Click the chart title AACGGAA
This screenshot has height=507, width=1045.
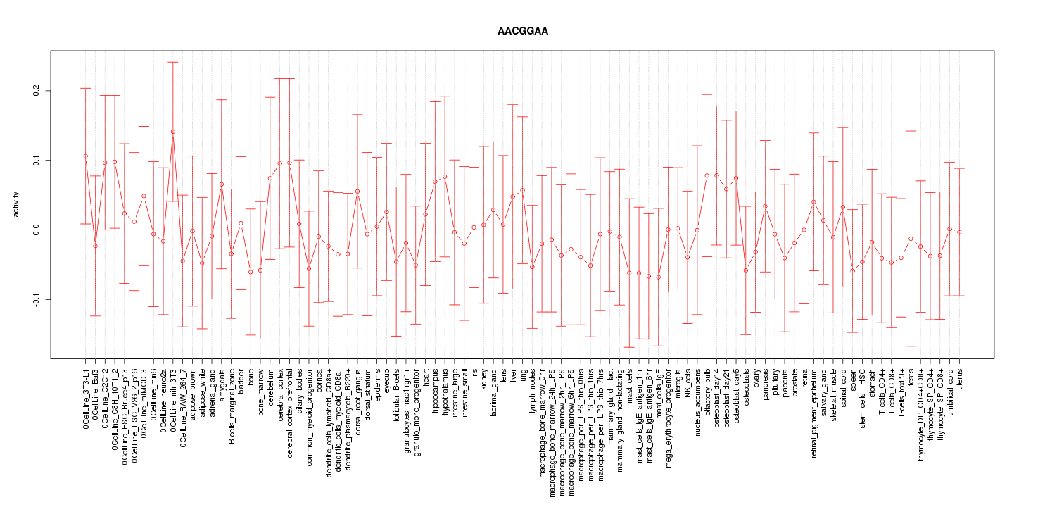(522, 32)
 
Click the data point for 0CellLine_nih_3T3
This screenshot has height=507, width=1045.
(172, 132)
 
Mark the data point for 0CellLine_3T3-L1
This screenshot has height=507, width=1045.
(85, 156)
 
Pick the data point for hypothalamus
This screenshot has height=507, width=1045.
(445, 177)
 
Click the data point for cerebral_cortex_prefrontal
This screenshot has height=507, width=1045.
(289, 163)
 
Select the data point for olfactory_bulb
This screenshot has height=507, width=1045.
(707, 175)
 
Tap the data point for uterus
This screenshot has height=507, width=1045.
(959, 232)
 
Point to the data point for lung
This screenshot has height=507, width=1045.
(522, 190)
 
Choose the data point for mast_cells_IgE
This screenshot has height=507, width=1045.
(658, 277)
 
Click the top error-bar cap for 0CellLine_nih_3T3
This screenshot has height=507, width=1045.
(172, 62)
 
